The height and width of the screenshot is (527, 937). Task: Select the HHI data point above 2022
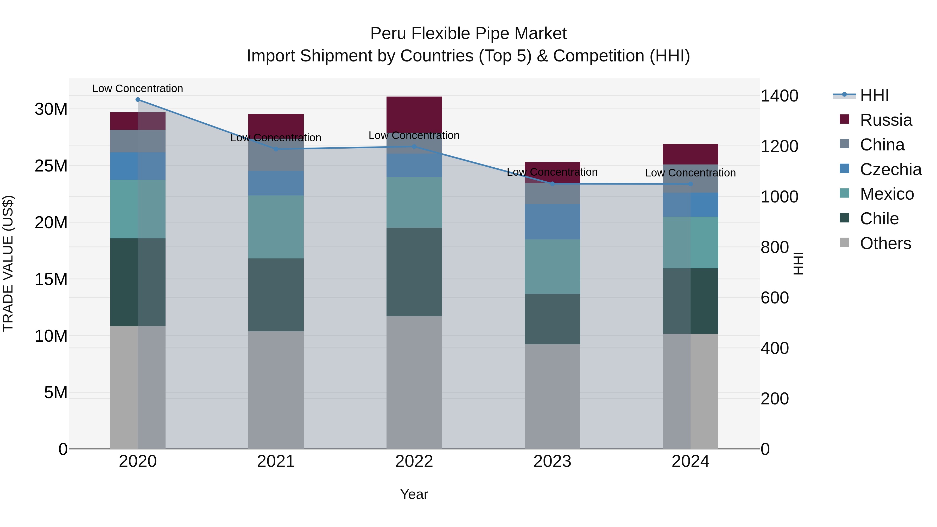point(414,147)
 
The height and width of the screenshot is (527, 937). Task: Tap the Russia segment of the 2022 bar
point(414,114)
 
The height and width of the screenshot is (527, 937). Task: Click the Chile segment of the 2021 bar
point(276,295)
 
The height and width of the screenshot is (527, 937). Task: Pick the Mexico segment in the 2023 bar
point(552,266)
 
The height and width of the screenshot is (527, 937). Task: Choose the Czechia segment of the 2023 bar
point(552,221)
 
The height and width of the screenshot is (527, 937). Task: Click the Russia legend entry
point(886,120)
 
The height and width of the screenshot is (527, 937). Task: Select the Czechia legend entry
point(890,169)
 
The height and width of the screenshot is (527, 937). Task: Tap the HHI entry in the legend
point(874,95)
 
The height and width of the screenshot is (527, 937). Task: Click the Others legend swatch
point(844,243)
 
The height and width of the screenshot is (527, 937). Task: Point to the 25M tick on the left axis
point(51,166)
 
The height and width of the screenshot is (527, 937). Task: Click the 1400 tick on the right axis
point(779,96)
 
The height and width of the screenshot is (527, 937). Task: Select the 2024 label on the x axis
point(690,461)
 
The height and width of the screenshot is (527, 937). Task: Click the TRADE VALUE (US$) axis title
point(8,263)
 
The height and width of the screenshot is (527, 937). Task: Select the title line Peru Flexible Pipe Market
point(468,34)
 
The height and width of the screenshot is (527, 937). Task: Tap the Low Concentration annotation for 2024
point(690,173)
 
